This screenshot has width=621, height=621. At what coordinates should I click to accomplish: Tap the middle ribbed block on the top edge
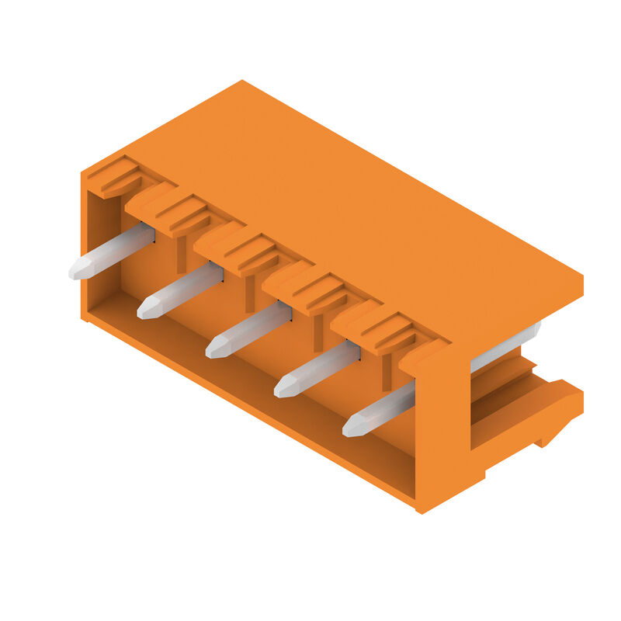click(x=241, y=248)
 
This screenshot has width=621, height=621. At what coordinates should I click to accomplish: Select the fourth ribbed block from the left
click(x=309, y=288)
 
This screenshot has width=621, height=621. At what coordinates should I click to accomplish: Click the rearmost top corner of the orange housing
click(x=242, y=82)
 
